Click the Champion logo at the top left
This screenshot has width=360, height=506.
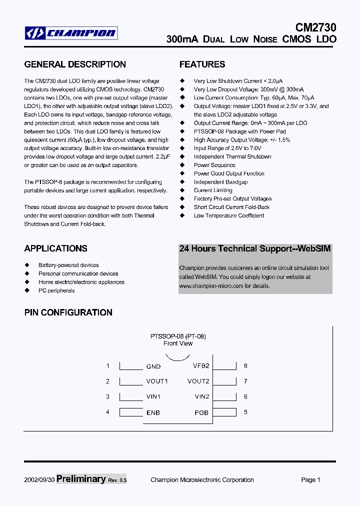tap(71, 33)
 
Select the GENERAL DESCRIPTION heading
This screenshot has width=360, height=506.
tap(75, 64)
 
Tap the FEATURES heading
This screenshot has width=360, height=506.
tap(202, 64)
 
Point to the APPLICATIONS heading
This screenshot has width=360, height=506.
tap(55, 248)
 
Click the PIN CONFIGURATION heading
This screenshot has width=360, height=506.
tap(68, 312)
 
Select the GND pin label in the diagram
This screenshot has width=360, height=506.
tap(153, 366)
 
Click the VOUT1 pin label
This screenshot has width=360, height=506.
tap(157, 381)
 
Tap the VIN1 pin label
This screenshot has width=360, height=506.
tap(153, 397)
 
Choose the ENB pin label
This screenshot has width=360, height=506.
tap(153, 412)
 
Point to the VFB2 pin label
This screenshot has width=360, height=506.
tap(201, 366)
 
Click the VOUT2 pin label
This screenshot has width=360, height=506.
tap(198, 381)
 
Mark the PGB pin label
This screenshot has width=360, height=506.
tap(201, 412)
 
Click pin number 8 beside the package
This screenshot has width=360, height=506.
tap(245, 366)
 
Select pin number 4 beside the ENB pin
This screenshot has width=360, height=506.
tap(107, 412)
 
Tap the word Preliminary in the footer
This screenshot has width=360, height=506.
tap(81, 479)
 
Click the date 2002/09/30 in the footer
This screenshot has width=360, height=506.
tap(39, 480)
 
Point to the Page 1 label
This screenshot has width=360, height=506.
tap(310, 480)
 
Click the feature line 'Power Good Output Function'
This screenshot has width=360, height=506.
tap(229, 173)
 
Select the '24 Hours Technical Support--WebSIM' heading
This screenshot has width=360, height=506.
tap(255, 248)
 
